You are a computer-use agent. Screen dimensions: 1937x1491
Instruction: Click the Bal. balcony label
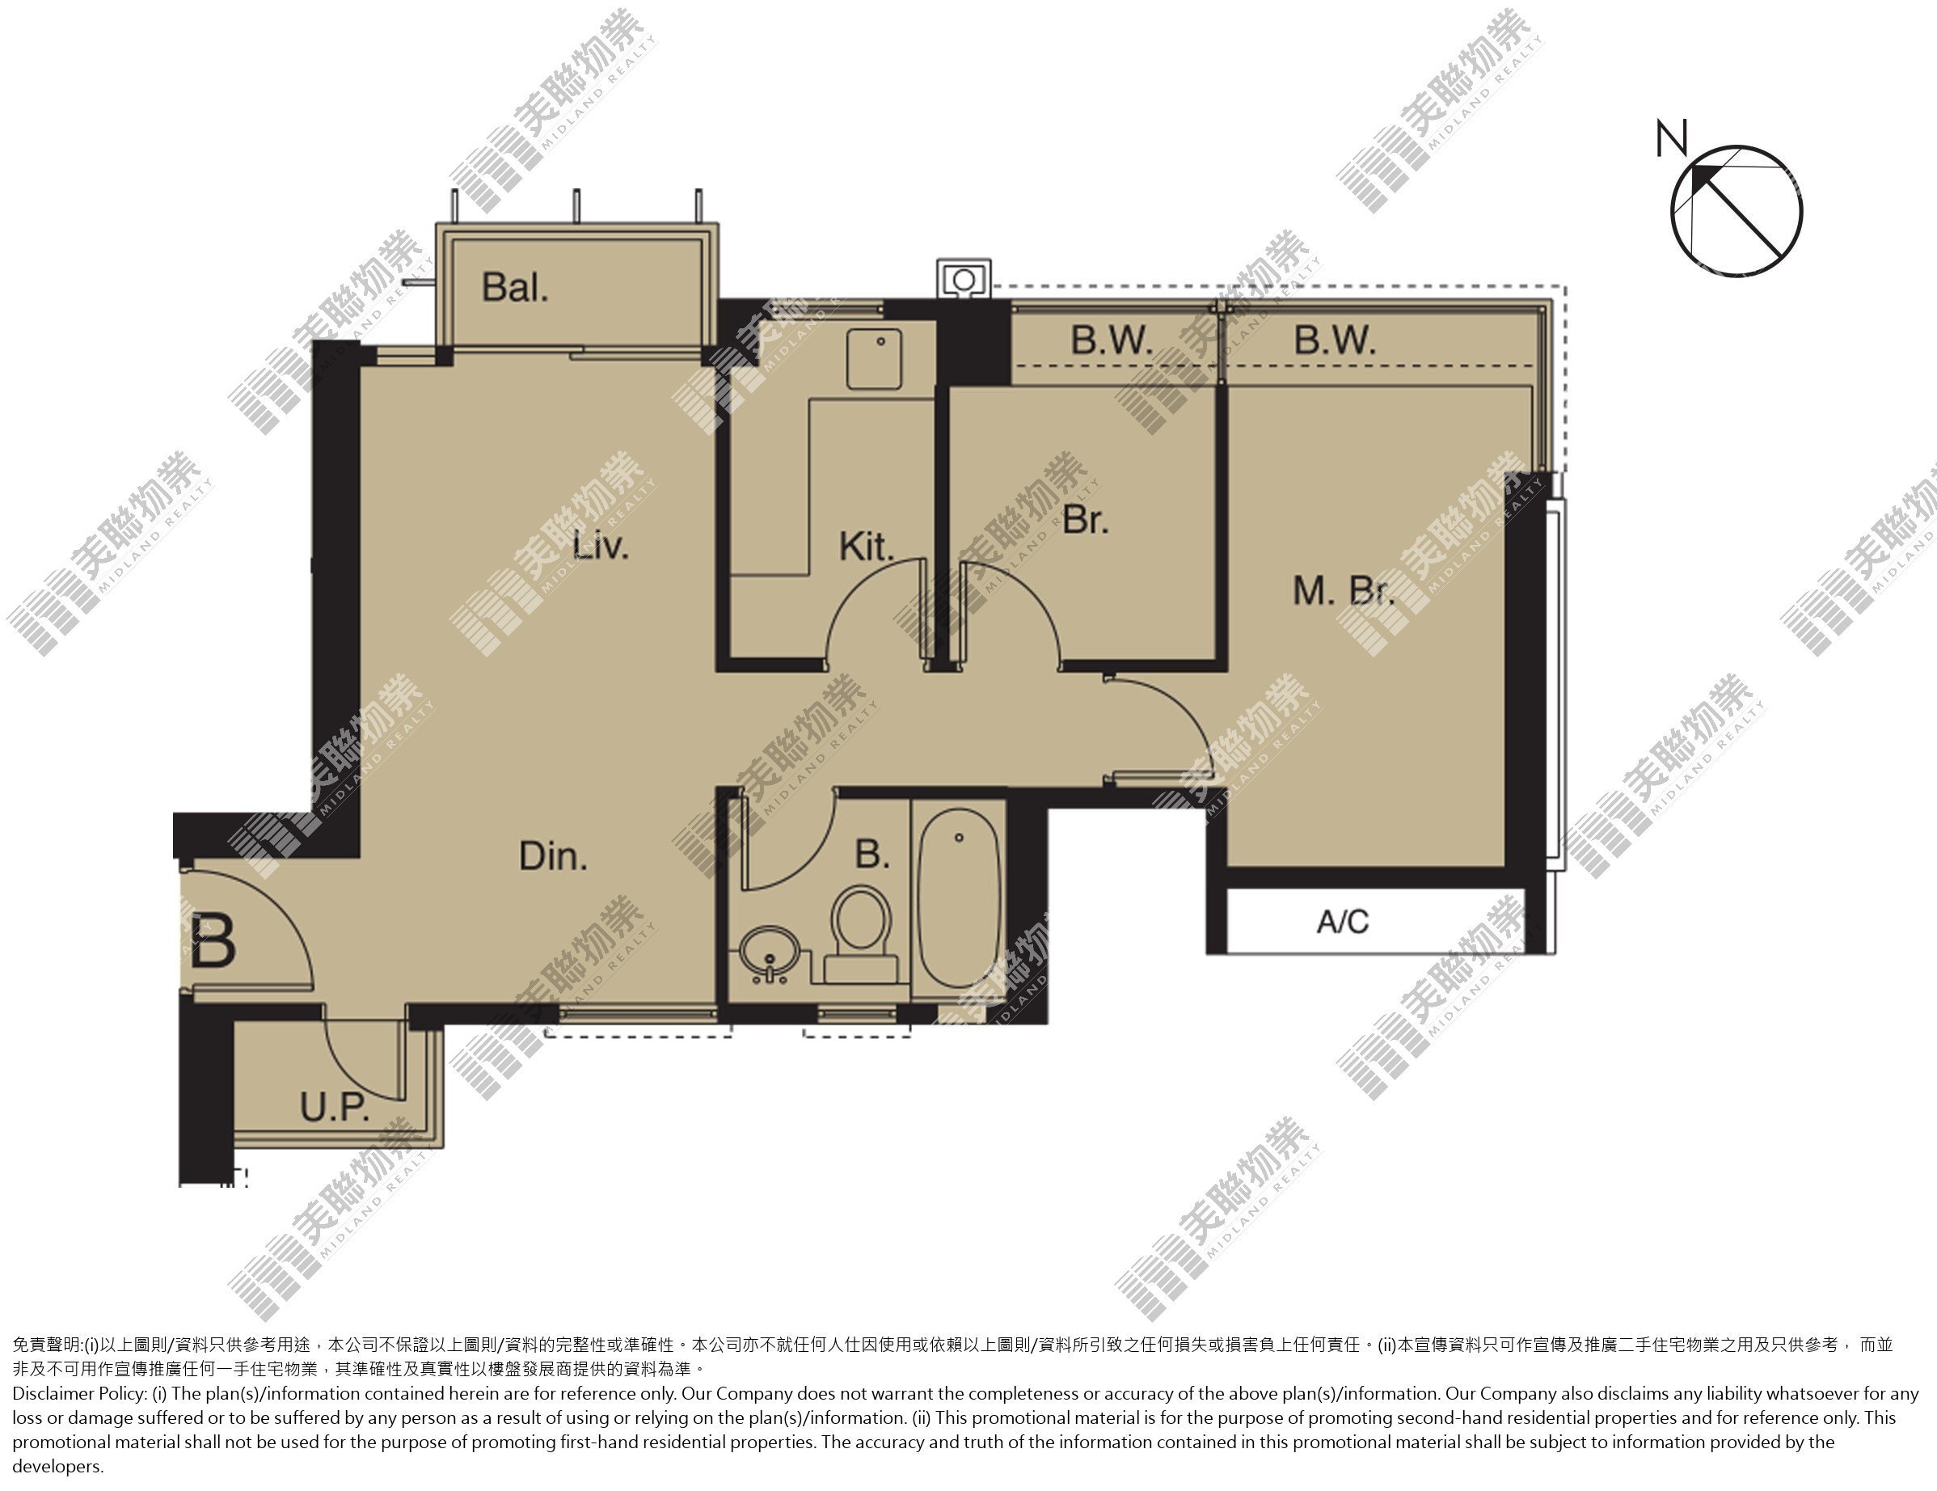coord(515,287)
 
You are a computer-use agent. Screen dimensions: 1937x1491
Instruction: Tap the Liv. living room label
coord(601,545)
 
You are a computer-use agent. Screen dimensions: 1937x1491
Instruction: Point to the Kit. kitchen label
coord(867,547)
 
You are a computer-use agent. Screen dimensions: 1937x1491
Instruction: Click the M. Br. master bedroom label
coord(1343,591)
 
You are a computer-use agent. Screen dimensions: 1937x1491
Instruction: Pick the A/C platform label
coord(1343,922)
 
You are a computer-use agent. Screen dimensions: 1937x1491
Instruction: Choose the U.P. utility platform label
coord(335,1107)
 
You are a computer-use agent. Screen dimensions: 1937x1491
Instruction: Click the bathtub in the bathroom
coord(959,902)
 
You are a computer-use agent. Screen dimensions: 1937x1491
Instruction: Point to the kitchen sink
coord(874,358)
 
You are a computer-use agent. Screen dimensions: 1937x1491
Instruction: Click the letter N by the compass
coord(1671,139)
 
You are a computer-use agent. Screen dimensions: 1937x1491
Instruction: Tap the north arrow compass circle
coord(1737,212)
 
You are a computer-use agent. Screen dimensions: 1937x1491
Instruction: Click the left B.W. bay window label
coord(1112,340)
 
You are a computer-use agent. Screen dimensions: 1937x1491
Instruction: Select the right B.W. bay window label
coord(1335,340)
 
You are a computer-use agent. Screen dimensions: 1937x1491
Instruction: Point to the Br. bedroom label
coord(1086,519)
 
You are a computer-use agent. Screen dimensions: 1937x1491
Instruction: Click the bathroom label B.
coord(871,854)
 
